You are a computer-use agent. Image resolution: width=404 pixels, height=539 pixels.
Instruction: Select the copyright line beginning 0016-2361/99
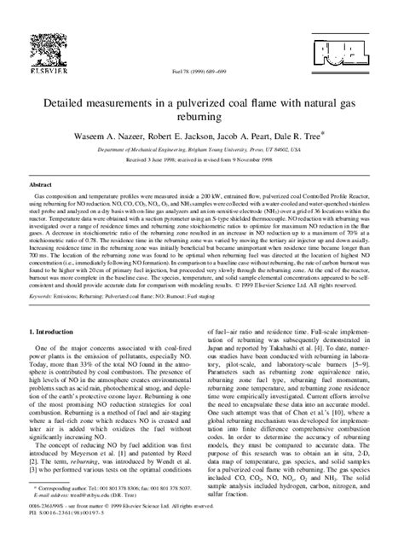coord(111,519)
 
